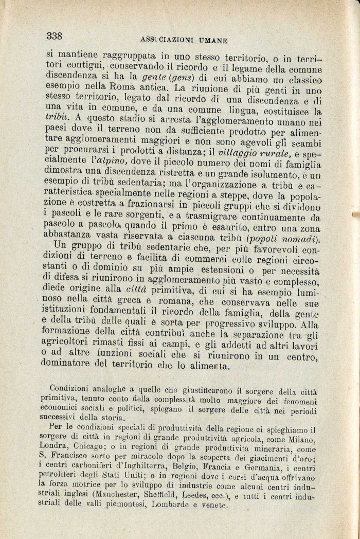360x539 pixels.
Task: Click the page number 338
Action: (54, 35)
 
